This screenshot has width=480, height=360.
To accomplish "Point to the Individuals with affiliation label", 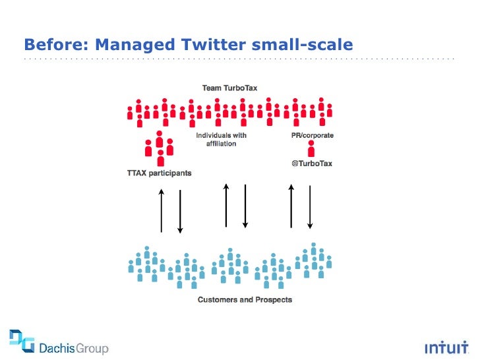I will tap(221, 140).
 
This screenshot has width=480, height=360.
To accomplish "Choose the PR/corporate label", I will tap(312, 136).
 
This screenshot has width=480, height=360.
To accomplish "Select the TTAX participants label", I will tap(159, 173).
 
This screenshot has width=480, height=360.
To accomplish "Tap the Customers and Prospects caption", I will tap(245, 300).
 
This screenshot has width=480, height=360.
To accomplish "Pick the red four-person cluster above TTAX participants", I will tap(160, 149).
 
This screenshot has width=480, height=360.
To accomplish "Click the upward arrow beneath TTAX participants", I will tap(162, 210).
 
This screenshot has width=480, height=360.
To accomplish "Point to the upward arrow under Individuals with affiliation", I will tap(226, 205).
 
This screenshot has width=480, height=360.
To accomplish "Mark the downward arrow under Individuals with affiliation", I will tap(245, 206).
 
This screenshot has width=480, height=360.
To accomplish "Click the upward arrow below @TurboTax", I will tap(291, 206).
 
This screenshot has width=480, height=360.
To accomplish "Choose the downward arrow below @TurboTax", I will tap(309, 207).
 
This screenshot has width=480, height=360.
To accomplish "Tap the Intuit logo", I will tap(446, 347).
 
